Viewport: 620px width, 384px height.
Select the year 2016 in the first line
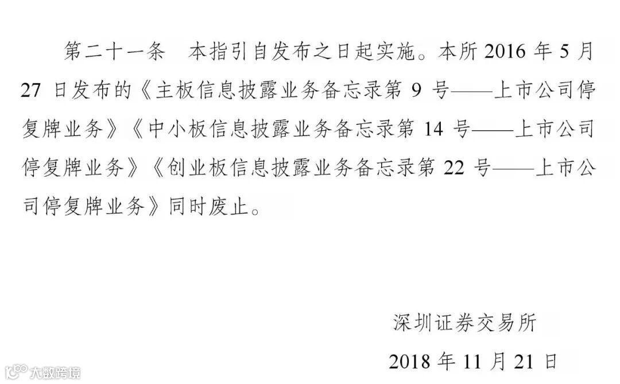coord(505,52)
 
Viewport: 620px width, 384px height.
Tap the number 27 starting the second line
coord(32,91)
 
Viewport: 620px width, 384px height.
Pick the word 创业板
coord(192,169)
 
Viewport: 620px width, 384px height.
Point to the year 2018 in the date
coord(410,362)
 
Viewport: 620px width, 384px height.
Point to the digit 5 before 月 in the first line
coord(564,52)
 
